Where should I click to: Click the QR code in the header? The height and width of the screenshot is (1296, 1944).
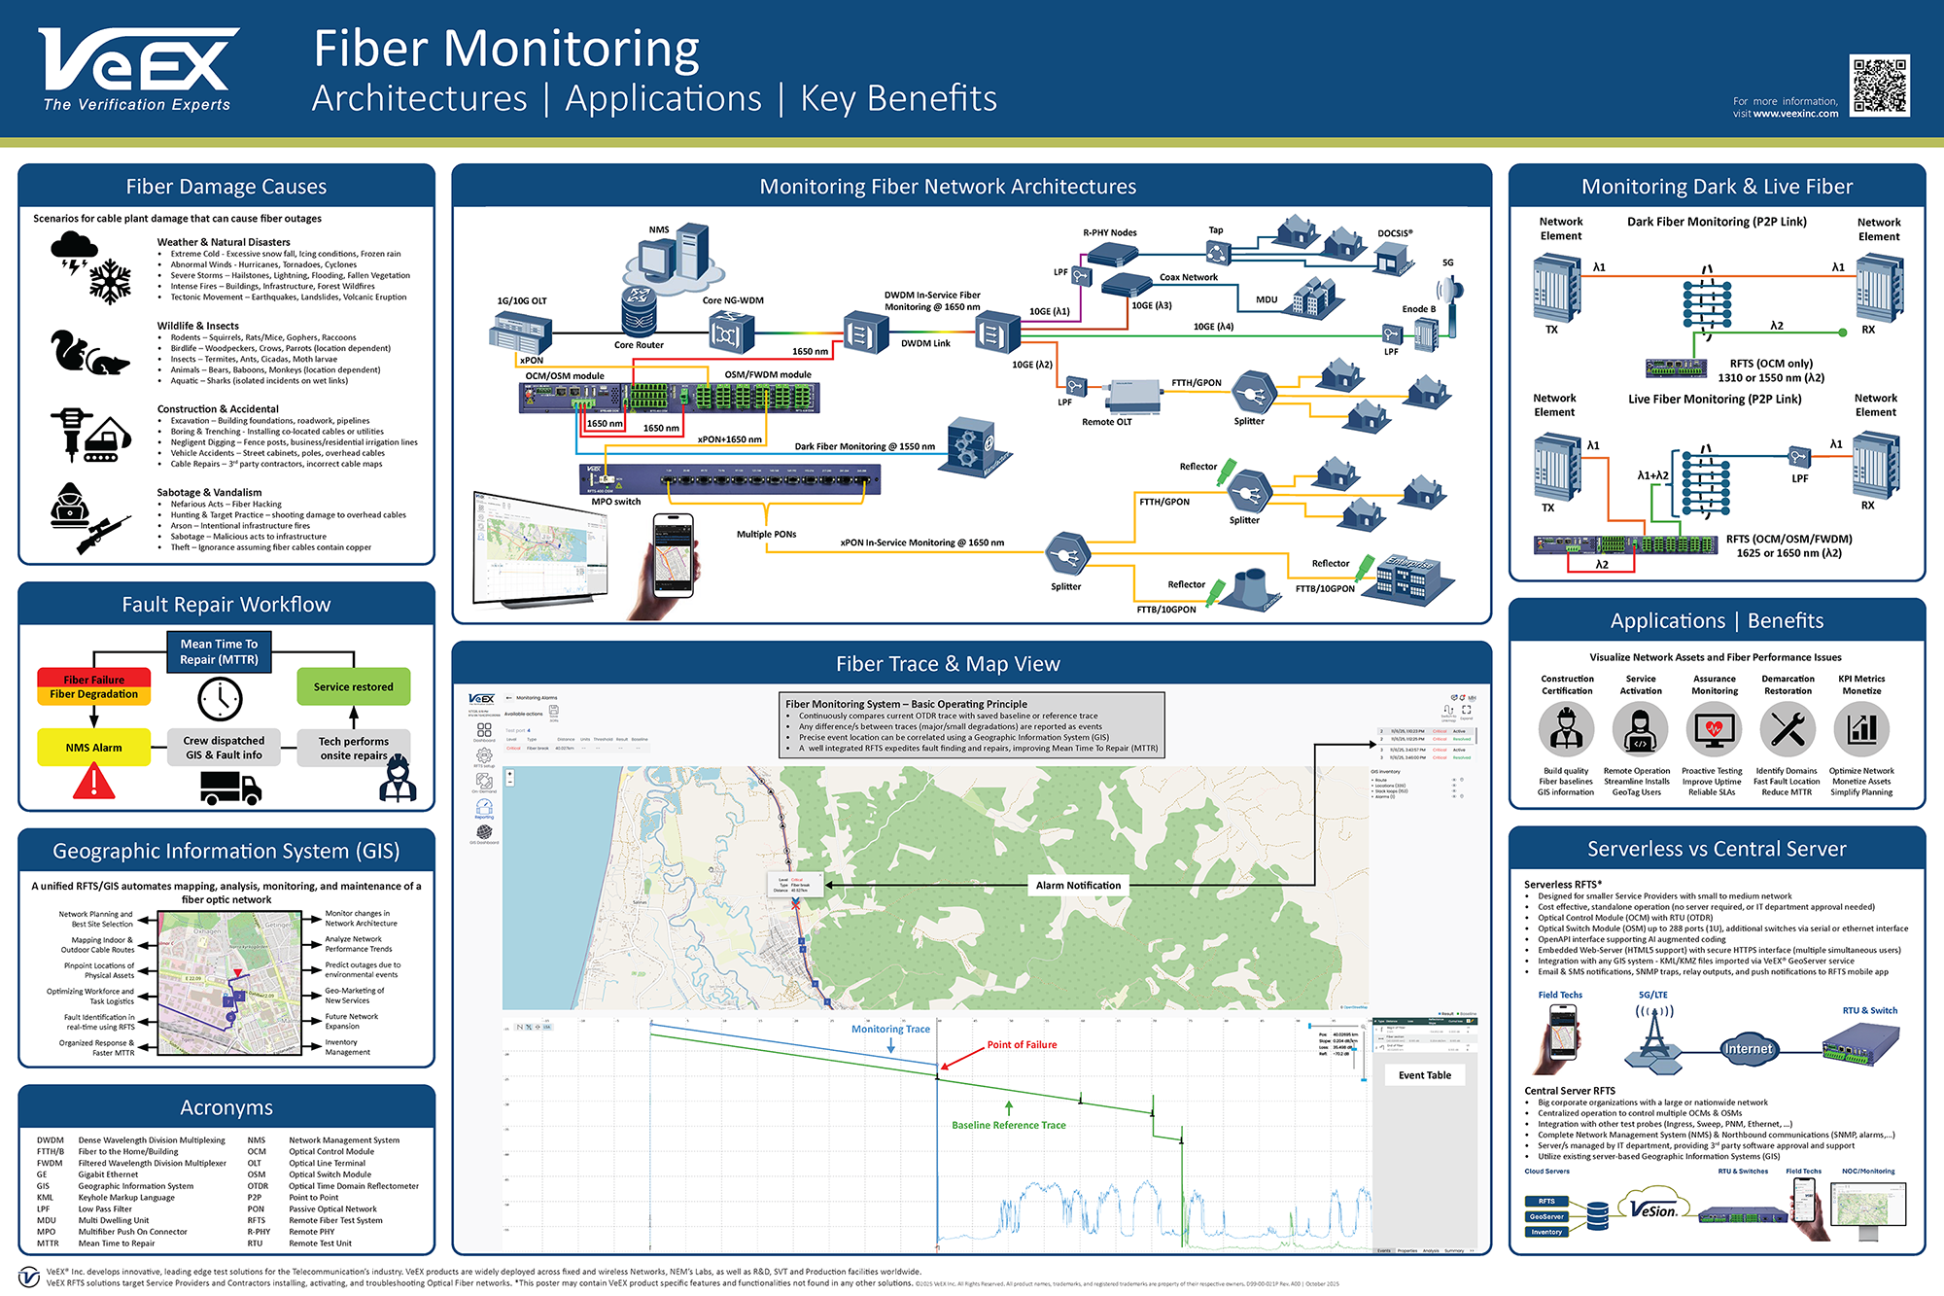click(x=1879, y=86)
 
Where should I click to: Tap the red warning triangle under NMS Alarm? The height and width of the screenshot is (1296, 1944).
click(x=94, y=781)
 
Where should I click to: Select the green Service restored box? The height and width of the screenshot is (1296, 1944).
click(x=353, y=686)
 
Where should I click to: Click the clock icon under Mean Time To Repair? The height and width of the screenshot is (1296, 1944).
click(x=220, y=699)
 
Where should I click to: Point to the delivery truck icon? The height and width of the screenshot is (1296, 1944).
click(x=230, y=788)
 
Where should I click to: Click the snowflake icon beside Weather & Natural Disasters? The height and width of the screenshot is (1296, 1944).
click(x=110, y=281)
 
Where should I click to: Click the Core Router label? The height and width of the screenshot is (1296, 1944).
click(x=639, y=345)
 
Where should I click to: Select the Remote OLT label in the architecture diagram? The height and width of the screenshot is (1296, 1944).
click(x=1106, y=422)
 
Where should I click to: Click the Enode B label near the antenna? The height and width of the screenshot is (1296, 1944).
click(x=1418, y=309)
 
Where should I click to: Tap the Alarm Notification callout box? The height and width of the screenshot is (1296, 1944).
click(x=1078, y=886)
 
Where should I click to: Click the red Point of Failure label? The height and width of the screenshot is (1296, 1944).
click(x=1022, y=1045)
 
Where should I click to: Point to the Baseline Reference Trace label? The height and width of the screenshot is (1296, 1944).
click(x=1008, y=1125)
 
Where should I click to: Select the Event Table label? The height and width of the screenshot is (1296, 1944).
click(x=1424, y=1075)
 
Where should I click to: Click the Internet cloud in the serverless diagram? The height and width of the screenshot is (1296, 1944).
click(x=1748, y=1049)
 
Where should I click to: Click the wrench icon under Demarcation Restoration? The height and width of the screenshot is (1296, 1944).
click(x=1788, y=729)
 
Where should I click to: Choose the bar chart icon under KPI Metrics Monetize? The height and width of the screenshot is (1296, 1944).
click(x=1861, y=729)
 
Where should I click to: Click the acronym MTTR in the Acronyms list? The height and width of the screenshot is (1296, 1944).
click(x=48, y=1243)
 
